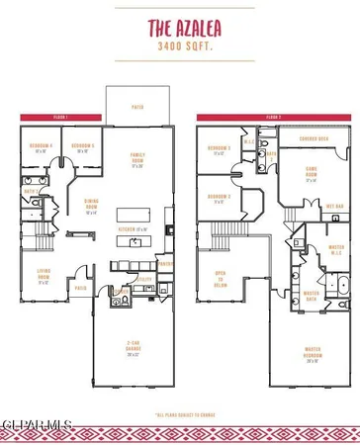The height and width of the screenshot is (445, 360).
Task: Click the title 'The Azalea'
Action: point(180,29)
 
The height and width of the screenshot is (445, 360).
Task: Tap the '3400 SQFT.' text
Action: point(180,45)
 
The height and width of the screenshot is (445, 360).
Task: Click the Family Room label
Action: point(138,160)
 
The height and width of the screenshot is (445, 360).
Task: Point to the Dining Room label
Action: point(91,205)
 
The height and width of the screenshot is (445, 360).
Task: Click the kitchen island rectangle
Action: point(135,214)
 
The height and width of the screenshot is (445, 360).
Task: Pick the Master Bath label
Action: point(311,294)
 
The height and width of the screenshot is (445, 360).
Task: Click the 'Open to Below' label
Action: point(222,277)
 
